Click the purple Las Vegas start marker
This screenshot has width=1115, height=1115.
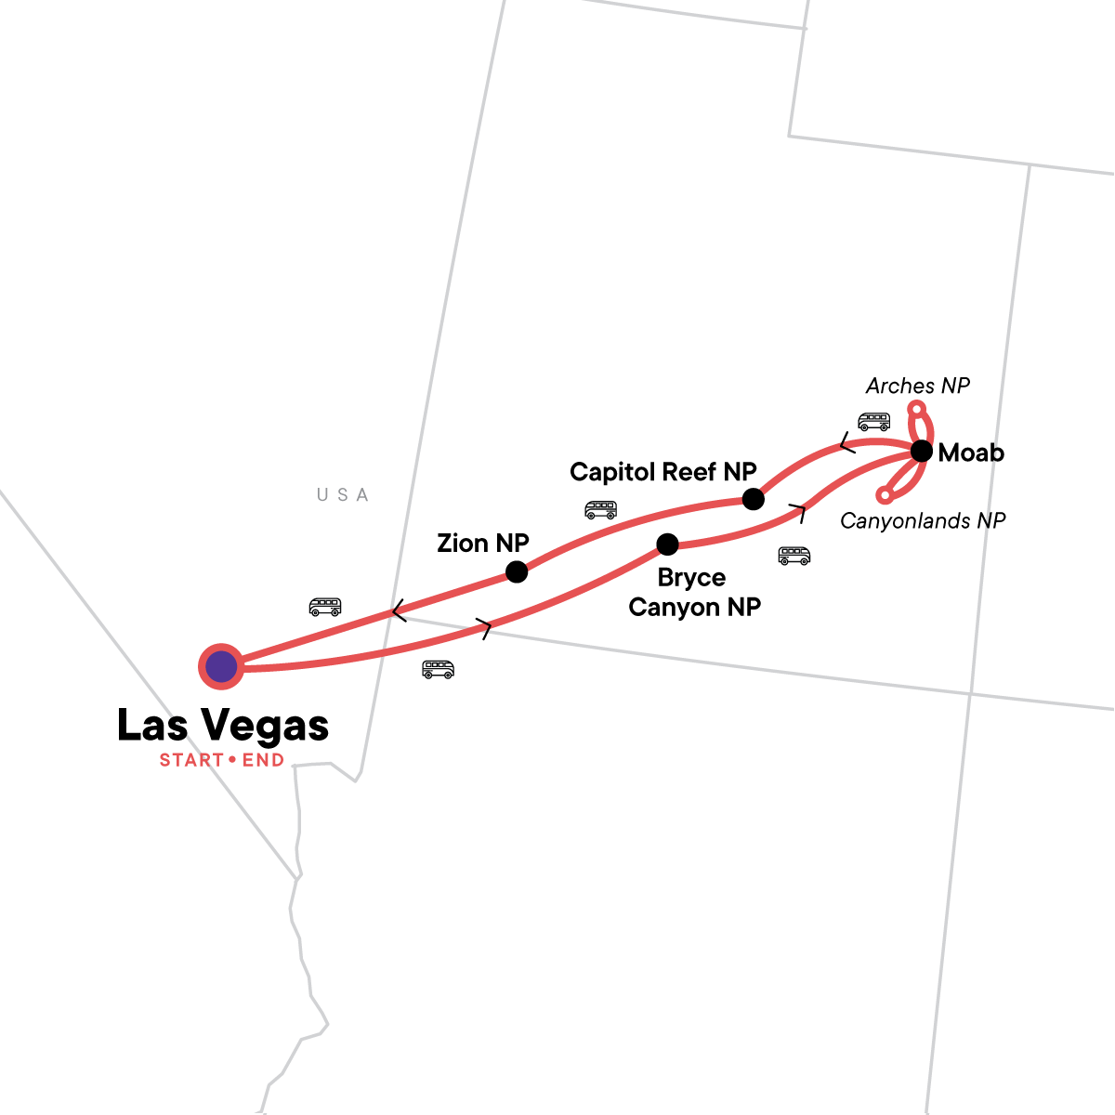(x=221, y=666)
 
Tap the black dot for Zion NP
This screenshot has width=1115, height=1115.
(x=517, y=571)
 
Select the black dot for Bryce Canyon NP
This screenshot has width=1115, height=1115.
(x=667, y=544)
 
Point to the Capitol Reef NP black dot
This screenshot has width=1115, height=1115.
(x=754, y=499)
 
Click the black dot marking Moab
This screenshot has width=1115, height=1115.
(x=921, y=452)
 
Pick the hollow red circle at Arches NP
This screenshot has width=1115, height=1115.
(x=916, y=409)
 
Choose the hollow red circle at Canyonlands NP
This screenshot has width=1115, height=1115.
(x=885, y=495)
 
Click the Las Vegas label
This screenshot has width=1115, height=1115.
(x=223, y=726)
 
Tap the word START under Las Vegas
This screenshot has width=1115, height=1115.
(x=191, y=760)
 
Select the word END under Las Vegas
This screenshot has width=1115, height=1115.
(x=263, y=760)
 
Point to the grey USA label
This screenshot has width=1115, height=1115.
(x=343, y=495)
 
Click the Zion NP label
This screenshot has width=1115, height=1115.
(x=483, y=544)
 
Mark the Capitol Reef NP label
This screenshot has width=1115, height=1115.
(x=663, y=472)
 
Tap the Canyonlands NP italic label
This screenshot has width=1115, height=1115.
(x=923, y=521)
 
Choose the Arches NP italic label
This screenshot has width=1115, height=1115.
(x=917, y=386)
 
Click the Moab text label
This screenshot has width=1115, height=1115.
(x=971, y=453)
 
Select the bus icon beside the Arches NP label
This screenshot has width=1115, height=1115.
(x=873, y=421)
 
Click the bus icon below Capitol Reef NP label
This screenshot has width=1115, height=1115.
(x=600, y=509)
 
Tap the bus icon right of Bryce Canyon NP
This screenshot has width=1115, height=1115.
(x=794, y=556)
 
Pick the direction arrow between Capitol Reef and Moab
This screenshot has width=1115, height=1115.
(x=847, y=443)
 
